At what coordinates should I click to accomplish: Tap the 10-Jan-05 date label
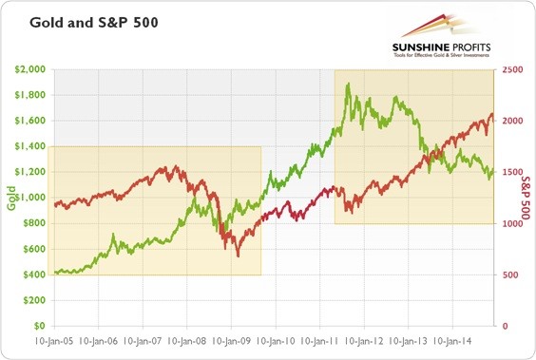(x=53, y=339)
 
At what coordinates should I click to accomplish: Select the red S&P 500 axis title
(x=526, y=197)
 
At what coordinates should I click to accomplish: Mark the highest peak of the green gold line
(x=348, y=84)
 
